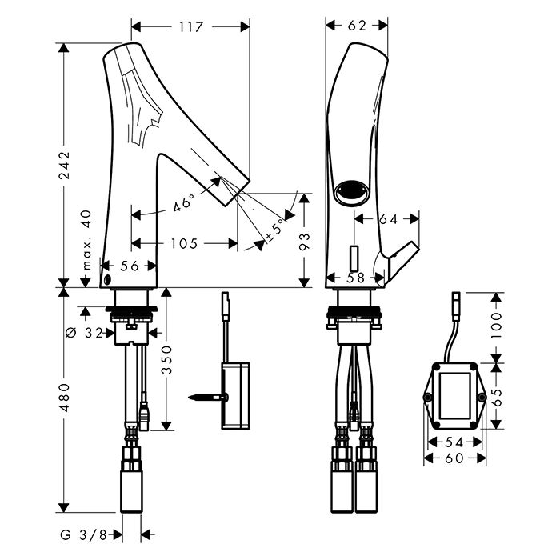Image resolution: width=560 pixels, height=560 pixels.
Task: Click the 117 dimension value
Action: (x=190, y=26)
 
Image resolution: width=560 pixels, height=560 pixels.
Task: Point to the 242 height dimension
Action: (x=65, y=166)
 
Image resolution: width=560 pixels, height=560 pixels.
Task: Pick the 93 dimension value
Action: (x=304, y=242)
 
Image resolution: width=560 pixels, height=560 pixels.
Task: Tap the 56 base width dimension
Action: (x=130, y=266)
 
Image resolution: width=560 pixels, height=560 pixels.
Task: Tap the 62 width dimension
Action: (x=357, y=26)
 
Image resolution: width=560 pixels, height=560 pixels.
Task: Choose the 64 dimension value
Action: (x=387, y=218)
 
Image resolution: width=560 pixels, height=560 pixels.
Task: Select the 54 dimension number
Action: (x=454, y=442)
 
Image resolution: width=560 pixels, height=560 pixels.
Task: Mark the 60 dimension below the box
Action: (x=454, y=458)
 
